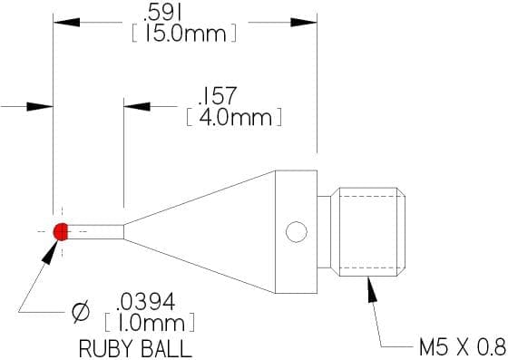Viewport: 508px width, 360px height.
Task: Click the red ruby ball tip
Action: [61, 231]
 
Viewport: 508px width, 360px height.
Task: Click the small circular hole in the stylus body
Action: [297, 232]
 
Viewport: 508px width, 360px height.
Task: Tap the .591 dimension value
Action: [162, 15]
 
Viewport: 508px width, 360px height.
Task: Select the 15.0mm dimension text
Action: [185, 34]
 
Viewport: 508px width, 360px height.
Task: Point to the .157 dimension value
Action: [217, 96]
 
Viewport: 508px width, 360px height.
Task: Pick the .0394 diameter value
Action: [146, 302]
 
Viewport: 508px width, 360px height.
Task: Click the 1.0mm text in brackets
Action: [151, 323]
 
